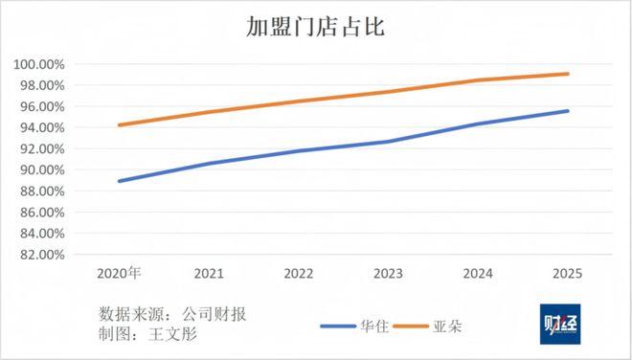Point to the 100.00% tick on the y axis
[39, 64]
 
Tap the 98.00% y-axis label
[41, 85]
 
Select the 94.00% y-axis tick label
[41, 127]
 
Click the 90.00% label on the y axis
[41, 170]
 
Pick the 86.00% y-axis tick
[41, 213]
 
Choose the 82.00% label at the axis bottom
[41, 255]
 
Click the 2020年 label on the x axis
[119, 273]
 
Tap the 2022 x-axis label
[298, 273]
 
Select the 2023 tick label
[387, 273]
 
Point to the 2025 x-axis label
[567, 273]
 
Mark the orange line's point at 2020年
[119, 124]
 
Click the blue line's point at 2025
[567, 111]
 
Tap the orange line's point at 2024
[477, 80]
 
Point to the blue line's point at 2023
[387, 142]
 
